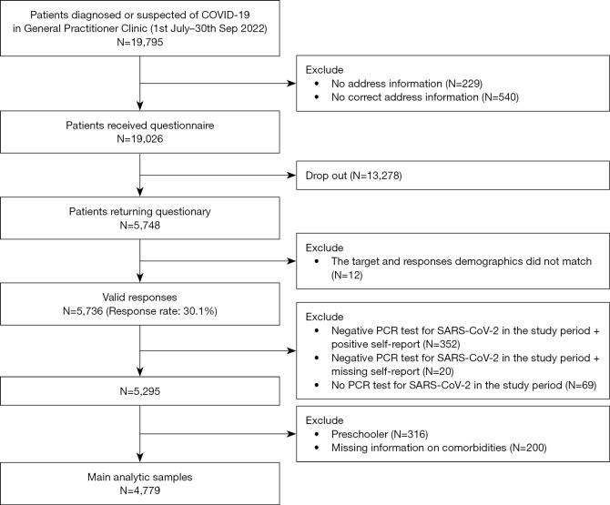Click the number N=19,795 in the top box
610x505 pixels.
pos(138,44)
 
